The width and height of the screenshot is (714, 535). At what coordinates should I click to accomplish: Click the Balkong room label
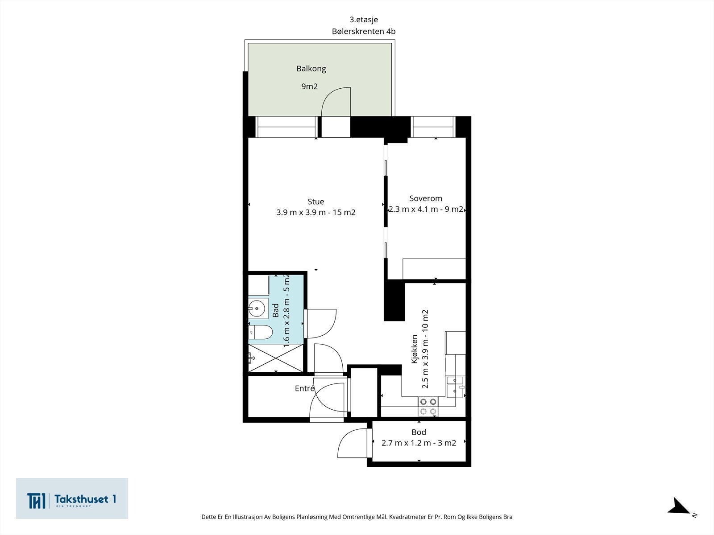coord(311,69)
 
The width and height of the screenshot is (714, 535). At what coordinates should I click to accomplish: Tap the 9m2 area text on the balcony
coord(309,86)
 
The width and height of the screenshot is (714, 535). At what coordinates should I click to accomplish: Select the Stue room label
coord(315,202)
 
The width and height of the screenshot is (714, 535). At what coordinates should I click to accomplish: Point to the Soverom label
coord(425,198)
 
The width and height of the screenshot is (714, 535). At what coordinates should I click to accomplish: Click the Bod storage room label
coord(419,432)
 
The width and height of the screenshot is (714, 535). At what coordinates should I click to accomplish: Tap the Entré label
coord(304,388)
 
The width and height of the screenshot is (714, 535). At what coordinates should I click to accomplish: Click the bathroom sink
coord(258,308)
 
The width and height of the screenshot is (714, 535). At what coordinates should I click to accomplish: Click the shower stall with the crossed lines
coord(275,358)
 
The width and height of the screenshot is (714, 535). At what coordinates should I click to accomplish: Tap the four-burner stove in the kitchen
coord(428,406)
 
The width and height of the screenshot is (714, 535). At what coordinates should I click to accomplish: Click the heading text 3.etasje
coord(364,20)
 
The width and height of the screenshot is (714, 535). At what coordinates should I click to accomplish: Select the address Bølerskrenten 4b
coord(364,32)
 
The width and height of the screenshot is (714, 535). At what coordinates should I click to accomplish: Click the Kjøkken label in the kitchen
coord(415,349)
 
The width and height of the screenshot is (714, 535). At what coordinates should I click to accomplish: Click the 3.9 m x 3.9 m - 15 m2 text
coord(316,213)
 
